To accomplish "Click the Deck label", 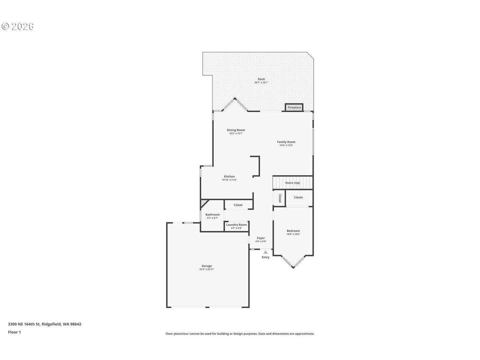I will tap(261, 79).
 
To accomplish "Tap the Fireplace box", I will tap(294, 107).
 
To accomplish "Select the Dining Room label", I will tap(236, 130).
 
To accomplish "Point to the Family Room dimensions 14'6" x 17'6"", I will tap(286, 145).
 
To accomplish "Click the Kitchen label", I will tap(229, 176).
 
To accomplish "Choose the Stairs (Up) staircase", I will tap(293, 183).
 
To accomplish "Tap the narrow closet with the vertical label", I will tap(280, 198).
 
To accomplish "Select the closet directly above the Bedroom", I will tap(299, 198).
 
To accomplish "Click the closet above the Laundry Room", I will tap(238, 205).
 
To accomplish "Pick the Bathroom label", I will tap(213, 215).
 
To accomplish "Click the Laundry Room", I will tap(237, 226).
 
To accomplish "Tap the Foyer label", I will tap(261, 238).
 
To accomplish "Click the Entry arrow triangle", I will tap(265, 252).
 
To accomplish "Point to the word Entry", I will tap(266, 257).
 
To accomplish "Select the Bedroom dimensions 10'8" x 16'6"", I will tap(293, 234).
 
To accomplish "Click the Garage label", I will tap(207, 266).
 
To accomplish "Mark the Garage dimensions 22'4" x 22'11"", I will tap(207, 269).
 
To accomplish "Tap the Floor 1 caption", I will tap(14, 332).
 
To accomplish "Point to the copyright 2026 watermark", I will tap(18, 26).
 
